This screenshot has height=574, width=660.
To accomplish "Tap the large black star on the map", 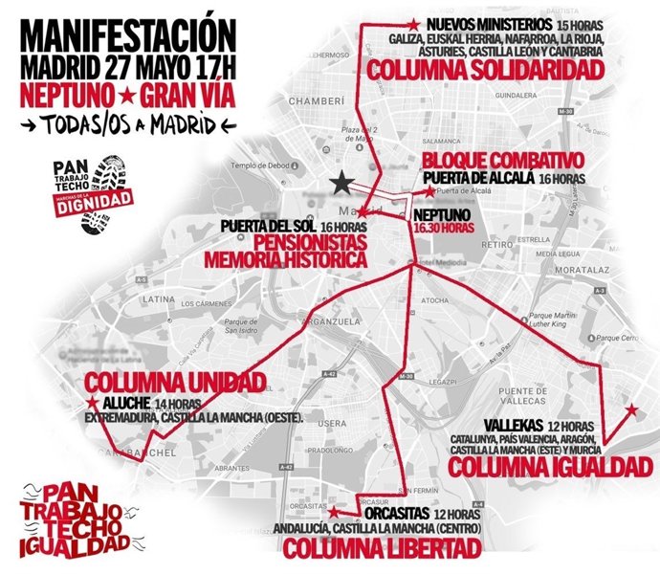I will pyautogui.click(x=341, y=182).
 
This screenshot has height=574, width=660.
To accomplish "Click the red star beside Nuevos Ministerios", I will pyautogui.click(x=413, y=23).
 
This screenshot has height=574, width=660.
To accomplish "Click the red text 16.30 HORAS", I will pyautogui.click(x=446, y=230).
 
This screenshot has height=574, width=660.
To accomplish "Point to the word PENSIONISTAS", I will pyautogui.click(x=286, y=243).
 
